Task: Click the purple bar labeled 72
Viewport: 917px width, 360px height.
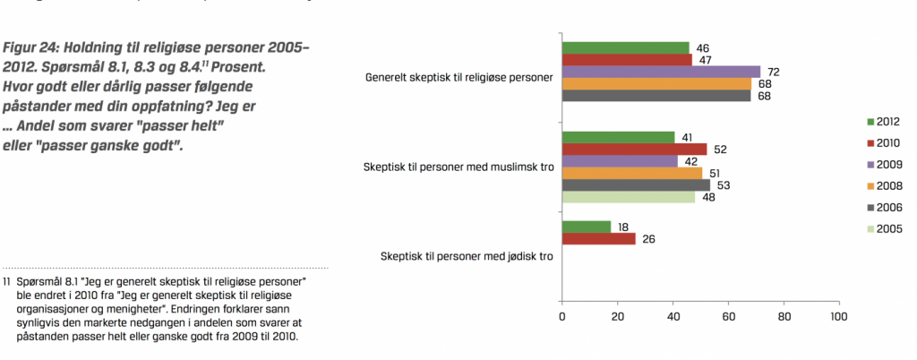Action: pyautogui.click(x=661, y=72)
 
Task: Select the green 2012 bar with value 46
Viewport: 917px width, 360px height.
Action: pyautogui.click(x=625, y=47)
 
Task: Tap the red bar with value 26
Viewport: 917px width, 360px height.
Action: pyautogui.click(x=597, y=239)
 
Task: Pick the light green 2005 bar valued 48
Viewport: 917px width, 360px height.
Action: pyautogui.click(x=628, y=197)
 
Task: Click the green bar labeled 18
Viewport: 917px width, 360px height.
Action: pyautogui.click(x=587, y=227)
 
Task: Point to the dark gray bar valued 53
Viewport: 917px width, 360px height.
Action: pyautogui.click(x=635, y=185)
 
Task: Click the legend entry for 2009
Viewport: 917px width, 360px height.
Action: pyautogui.click(x=882, y=165)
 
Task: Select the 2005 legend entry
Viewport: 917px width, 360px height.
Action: pyautogui.click(x=882, y=229)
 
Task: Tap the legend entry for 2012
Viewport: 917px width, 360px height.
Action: pyautogui.click(x=882, y=121)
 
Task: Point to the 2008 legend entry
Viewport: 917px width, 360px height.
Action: pyautogui.click(x=882, y=186)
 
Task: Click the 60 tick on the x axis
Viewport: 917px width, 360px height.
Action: pyautogui.click(x=729, y=317)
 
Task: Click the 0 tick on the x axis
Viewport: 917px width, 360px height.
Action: pyautogui.click(x=562, y=317)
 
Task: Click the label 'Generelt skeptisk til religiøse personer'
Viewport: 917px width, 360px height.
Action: pyautogui.click(x=458, y=78)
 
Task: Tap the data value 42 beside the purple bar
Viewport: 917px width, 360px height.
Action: pyautogui.click(x=691, y=162)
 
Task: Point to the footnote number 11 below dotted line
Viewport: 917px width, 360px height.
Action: pyautogui.click(x=7, y=281)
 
